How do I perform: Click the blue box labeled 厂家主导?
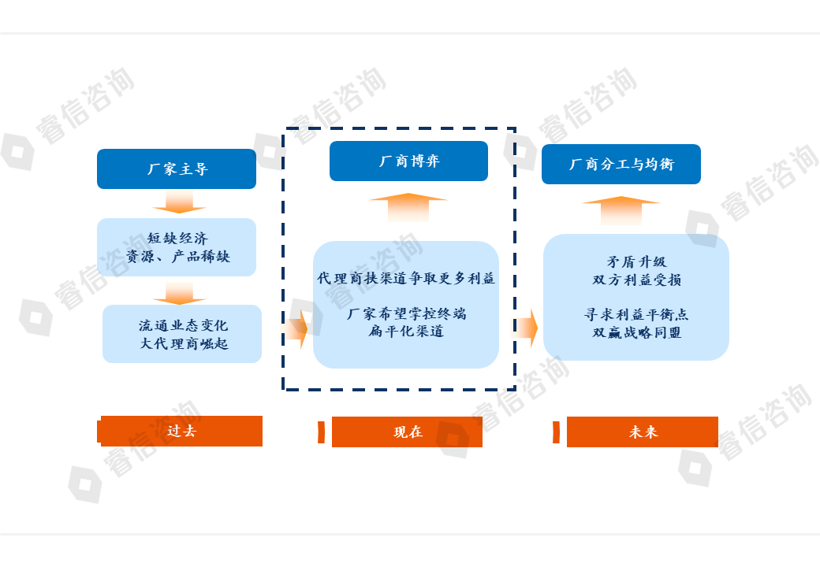pyautogui.click(x=177, y=169)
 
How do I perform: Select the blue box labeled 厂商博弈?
pyautogui.click(x=408, y=161)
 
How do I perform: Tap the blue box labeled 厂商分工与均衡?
pyautogui.click(x=621, y=165)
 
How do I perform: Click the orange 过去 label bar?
pyautogui.click(x=181, y=432)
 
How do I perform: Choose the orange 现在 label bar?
pyautogui.click(x=407, y=432)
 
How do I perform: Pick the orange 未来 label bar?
pyautogui.click(x=643, y=432)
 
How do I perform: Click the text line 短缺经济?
pyautogui.click(x=177, y=238)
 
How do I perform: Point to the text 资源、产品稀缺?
pyautogui.click(x=177, y=257)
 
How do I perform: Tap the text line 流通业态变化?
pyautogui.click(x=183, y=325)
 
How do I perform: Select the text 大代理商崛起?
pyautogui.click(x=183, y=343)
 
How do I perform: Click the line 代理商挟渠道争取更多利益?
pyautogui.click(x=406, y=279)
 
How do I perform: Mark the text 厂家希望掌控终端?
pyautogui.click(x=406, y=313)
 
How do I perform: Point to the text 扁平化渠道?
pyautogui.click(x=406, y=332)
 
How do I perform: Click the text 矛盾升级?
pyautogui.click(x=636, y=262)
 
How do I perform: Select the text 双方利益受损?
pyautogui.click(x=636, y=280)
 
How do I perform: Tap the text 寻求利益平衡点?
pyautogui.click(x=636, y=314)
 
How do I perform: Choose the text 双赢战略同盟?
pyautogui.click(x=636, y=332)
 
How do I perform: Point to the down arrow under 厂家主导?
pyautogui.click(x=179, y=206)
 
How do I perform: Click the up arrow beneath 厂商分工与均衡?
pyautogui.click(x=621, y=210)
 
